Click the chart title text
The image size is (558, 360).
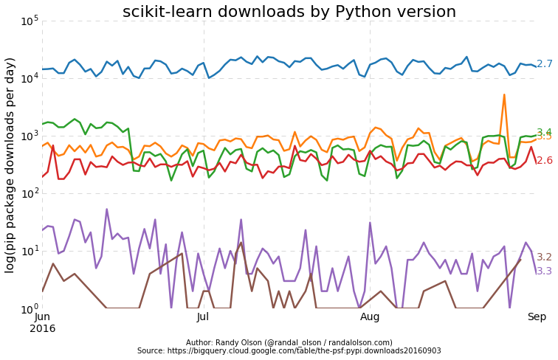[x=289, y=12]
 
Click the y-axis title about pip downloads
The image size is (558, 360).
[x=10, y=165]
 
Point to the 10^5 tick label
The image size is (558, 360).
[x=30, y=20]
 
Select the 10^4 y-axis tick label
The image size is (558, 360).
[x=30, y=77]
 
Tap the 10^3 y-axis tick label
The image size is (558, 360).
[x=30, y=135]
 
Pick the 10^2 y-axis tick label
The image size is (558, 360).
[x=30, y=193]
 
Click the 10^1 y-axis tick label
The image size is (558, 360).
[x=30, y=251]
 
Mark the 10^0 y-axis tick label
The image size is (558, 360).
[x=30, y=308]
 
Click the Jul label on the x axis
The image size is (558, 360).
[x=203, y=317]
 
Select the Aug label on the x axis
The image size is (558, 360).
[x=369, y=317]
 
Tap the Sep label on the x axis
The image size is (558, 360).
[x=536, y=317]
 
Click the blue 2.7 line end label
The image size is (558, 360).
[x=544, y=64]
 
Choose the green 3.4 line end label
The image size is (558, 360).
[x=544, y=132]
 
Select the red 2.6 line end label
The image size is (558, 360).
[x=544, y=160]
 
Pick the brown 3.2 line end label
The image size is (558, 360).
[x=544, y=257]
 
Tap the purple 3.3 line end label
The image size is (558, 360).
[x=544, y=271]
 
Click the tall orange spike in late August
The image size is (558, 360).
[x=504, y=95]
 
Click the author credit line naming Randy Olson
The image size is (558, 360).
[x=289, y=342]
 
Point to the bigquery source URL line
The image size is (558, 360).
[x=289, y=351]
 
